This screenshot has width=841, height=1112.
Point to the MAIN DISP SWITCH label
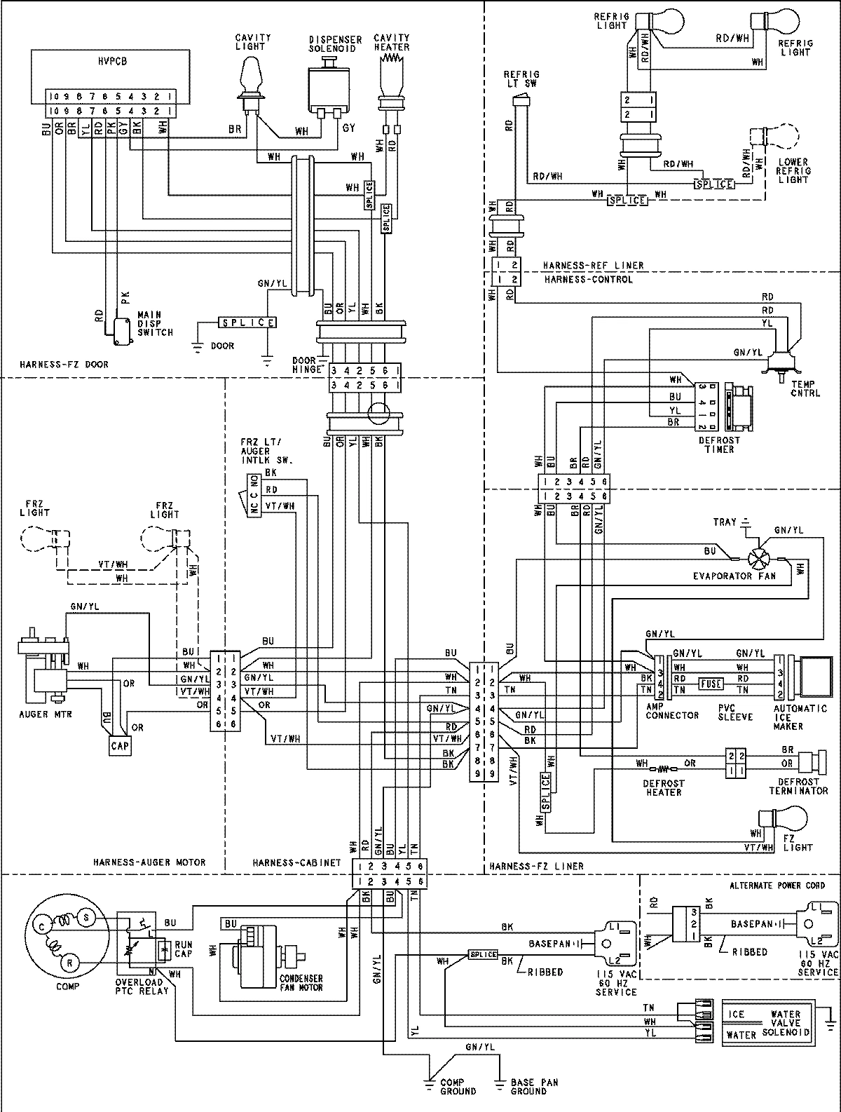[154, 324]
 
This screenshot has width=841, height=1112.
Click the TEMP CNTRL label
[804, 389]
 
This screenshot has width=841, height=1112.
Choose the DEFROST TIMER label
[719, 445]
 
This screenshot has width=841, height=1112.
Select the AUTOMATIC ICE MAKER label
[790, 717]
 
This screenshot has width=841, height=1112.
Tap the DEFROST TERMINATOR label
[798, 786]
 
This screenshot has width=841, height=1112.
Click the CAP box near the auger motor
[119, 746]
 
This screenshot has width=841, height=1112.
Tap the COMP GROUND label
[458, 1087]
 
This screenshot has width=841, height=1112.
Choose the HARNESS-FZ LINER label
[537, 867]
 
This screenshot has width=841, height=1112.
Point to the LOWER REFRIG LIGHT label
[794, 170]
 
